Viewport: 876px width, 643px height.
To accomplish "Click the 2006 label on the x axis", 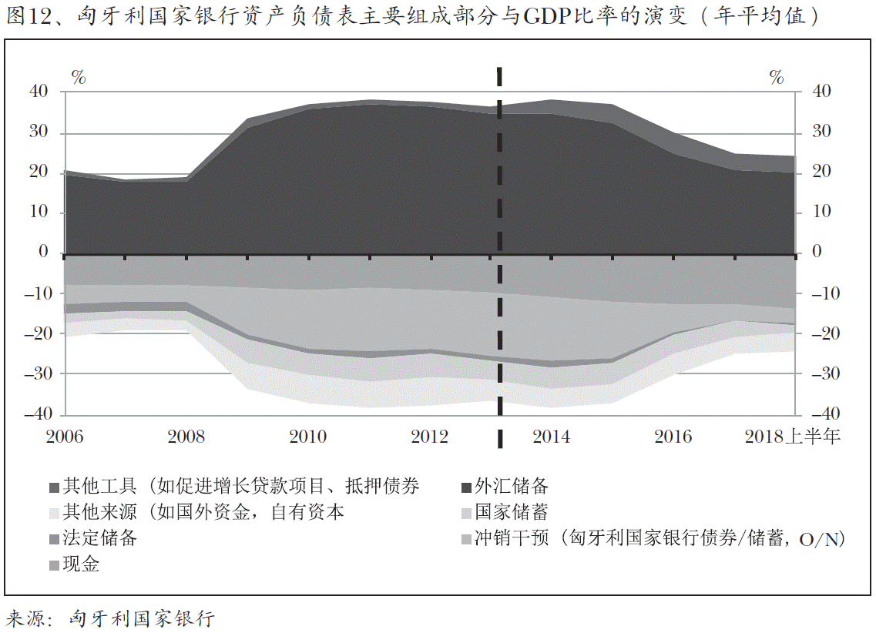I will coord(65,437).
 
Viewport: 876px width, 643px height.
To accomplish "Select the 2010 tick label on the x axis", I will coord(307,437).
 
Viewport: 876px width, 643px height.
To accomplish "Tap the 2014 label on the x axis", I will coord(552,437).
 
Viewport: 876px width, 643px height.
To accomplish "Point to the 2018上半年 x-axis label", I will coord(793,437).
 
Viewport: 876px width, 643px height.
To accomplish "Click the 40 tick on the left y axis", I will coord(39,92).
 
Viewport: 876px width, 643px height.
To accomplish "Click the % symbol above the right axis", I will coord(776,76).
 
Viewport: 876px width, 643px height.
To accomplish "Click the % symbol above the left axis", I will coord(79,76).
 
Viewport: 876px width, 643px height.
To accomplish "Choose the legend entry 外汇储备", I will coord(511,486).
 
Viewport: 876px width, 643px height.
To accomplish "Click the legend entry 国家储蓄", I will coord(511,512).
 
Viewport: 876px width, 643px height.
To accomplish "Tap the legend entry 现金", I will coord(81,564).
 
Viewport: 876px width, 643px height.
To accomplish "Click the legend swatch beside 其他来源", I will coord(54,513).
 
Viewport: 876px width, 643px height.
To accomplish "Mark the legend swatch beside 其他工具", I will coord(54,487).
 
